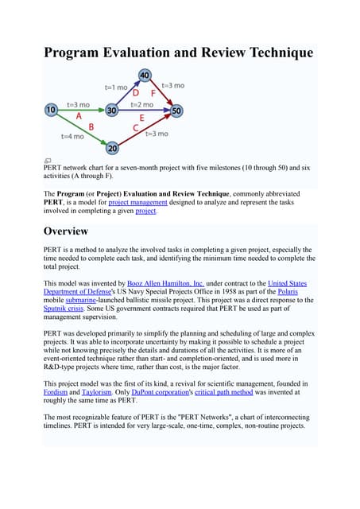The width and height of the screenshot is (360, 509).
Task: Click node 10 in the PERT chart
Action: pos(52,109)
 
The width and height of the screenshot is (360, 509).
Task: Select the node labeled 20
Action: pos(113,148)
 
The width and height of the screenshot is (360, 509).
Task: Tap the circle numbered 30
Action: pos(113,109)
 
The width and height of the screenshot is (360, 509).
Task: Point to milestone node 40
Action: pos(144,76)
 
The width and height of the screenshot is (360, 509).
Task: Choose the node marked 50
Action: pos(176,110)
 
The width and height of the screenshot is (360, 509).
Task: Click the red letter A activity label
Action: pos(79,116)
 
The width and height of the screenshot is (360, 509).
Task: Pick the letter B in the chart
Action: pos(91,126)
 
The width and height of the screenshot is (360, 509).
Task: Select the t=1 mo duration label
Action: pos(116,87)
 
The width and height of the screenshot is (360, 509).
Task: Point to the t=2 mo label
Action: pos(141,104)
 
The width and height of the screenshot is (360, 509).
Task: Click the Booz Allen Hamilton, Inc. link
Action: pos(165,283)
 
